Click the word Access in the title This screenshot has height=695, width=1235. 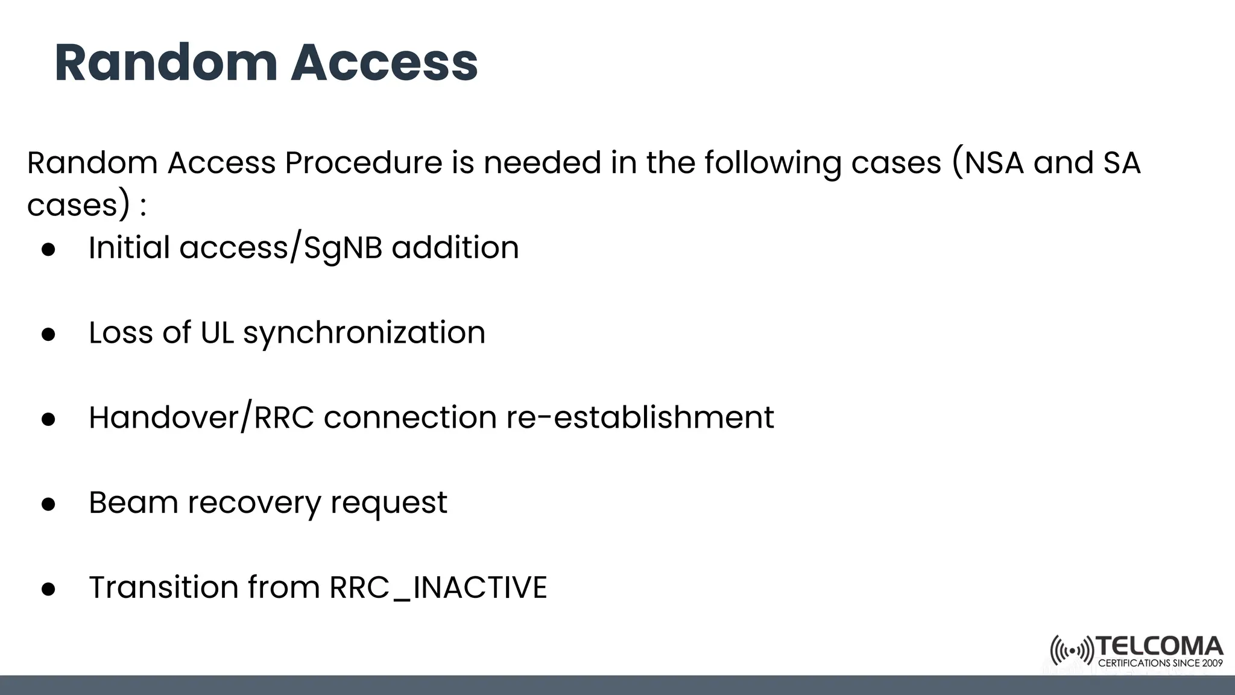[384, 63]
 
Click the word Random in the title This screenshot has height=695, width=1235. [166, 63]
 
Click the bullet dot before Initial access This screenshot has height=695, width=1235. [49, 249]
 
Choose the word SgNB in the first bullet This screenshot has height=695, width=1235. [343, 248]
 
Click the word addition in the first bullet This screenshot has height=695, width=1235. [455, 247]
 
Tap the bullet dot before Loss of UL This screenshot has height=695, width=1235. [49, 334]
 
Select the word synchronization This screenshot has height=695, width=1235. [364, 333]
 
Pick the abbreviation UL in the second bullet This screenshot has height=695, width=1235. [217, 332]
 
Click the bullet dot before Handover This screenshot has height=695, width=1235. [49, 419]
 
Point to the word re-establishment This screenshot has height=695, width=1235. [640, 417]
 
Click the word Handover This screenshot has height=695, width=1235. [164, 417]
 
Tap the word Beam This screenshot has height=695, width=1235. [133, 502]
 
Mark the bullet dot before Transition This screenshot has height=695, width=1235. [49, 589]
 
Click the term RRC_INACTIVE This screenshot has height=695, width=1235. [438, 587]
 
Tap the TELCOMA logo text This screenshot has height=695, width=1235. [1160, 646]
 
